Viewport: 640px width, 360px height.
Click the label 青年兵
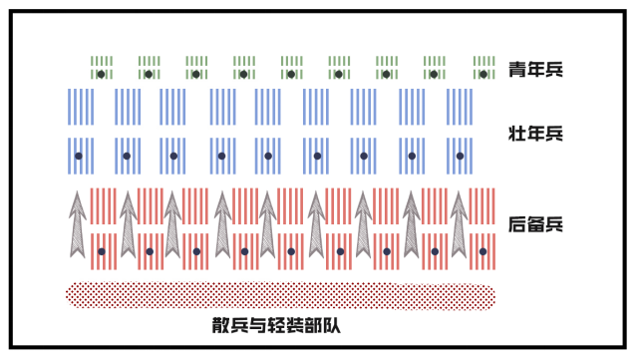(535, 70)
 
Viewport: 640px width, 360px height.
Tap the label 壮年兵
(535, 133)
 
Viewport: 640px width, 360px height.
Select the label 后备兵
(535, 224)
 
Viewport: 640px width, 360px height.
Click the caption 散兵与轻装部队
(277, 325)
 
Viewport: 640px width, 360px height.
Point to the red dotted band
(279, 295)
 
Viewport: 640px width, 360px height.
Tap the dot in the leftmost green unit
(101, 74)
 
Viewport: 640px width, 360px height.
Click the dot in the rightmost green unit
(483, 74)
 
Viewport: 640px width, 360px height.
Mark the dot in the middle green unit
(292, 74)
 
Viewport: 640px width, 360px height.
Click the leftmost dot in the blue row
(79, 157)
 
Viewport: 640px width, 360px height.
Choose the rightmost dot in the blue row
(460, 157)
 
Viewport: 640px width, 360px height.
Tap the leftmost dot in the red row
(102, 251)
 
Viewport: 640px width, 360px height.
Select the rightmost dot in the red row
(482, 251)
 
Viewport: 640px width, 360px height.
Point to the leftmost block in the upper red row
(103, 205)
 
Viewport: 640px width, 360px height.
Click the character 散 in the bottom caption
(220, 325)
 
